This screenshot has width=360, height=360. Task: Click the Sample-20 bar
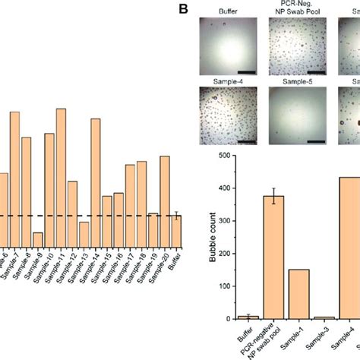pyautogui.click(x=164, y=201)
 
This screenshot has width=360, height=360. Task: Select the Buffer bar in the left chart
pyautogui.click(x=176, y=230)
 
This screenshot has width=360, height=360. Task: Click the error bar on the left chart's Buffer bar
pyautogui.click(x=176, y=216)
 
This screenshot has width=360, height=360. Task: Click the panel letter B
pyautogui.click(x=182, y=10)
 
